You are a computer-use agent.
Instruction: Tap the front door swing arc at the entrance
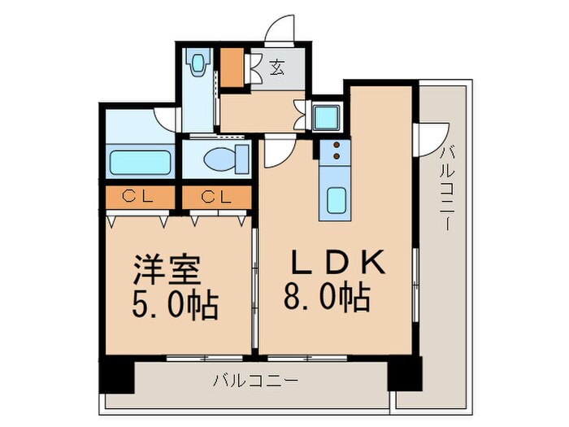coord(280,29)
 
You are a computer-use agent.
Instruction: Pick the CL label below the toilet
coord(215,196)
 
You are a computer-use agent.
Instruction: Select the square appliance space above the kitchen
coord(328,115)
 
